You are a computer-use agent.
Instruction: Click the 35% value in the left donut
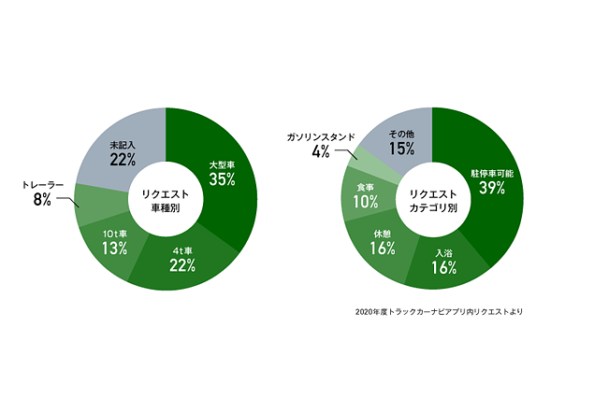[x=222, y=180]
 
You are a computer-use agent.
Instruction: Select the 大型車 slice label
[x=221, y=164]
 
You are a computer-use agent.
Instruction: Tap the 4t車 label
[x=182, y=250]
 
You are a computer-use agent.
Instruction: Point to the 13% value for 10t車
[x=115, y=248]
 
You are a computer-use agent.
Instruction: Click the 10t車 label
[x=115, y=232]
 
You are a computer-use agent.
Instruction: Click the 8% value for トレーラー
[x=43, y=201]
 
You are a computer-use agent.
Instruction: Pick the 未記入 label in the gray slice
[x=122, y=146]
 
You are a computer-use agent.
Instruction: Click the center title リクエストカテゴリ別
[x=432, y=200]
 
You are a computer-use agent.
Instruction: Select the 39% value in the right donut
[x=492, y=189]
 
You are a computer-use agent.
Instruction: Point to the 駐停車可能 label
[x=492, y=173]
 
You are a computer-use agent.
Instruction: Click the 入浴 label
[x=444, y=253]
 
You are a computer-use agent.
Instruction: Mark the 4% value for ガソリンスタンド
[x=321, y=152]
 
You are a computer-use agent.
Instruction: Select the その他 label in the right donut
[x=401, y=134]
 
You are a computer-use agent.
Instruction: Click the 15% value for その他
[x=401, y=149]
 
